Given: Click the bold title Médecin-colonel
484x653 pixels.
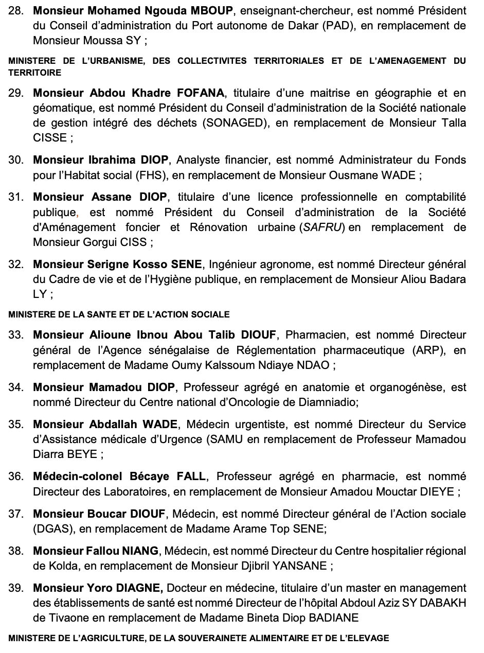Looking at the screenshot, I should (x=75, y=476).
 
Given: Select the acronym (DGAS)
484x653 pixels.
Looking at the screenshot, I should (x=49, y=528).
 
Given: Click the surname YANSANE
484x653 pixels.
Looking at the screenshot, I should (x=300, y=566).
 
